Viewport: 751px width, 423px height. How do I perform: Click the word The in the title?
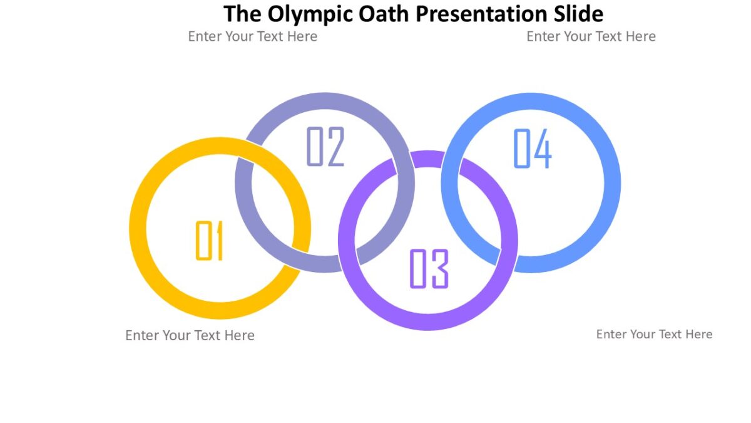tap(240, 14)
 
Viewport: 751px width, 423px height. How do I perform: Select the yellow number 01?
tap(210, 241)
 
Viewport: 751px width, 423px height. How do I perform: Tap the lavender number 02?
tap(325, 147)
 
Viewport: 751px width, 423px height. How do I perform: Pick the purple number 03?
tap(429, 269)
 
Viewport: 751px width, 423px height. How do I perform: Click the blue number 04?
tap(533, 149)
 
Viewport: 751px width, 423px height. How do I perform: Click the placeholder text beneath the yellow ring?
tap(190, 335)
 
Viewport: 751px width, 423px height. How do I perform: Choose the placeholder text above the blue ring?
tap(591, 36)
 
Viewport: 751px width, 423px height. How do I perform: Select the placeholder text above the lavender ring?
tap(252, 36)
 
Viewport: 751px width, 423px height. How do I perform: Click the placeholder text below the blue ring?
tap(654, 334)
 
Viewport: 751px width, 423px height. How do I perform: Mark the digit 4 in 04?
tap(543, 149)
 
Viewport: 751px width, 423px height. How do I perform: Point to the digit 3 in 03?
tap(440, 269)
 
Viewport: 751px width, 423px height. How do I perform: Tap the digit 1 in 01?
tap(218, 241)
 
